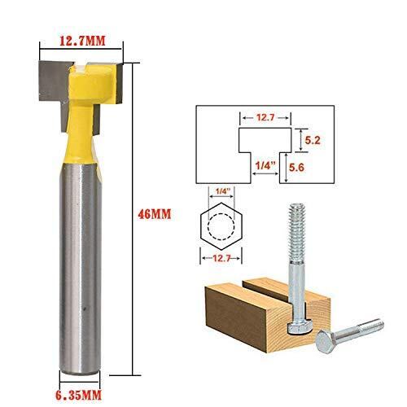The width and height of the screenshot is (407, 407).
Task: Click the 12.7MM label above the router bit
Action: [82, 41]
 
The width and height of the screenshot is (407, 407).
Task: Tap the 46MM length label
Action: [155, 214]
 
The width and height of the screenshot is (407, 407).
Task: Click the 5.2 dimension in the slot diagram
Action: [313, 140]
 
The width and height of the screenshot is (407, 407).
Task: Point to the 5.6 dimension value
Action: [296, 168]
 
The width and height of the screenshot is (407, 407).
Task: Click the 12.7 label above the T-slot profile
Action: [265, 118]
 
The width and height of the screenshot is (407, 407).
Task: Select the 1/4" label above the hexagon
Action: [221, 191]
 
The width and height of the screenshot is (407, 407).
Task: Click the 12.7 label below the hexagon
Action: [221, 258]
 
